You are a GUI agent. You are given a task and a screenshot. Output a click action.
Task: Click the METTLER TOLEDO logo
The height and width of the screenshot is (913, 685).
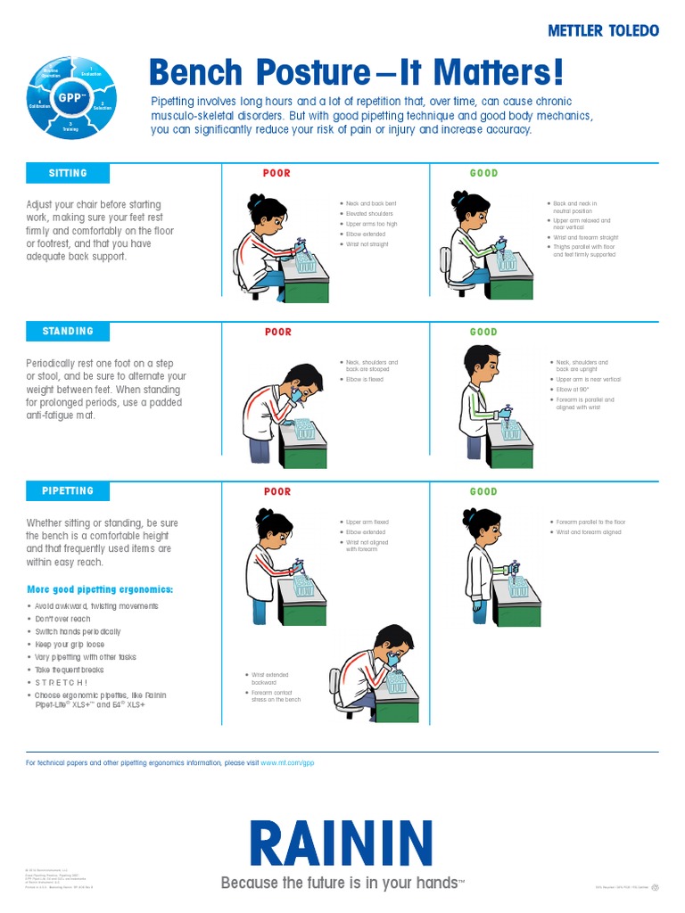(x=603, y=30)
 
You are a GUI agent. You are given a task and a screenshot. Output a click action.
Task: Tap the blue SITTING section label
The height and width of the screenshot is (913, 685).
(x=68, y=173)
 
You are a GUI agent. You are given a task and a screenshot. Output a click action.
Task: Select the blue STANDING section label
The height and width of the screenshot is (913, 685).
(x=68, y=331)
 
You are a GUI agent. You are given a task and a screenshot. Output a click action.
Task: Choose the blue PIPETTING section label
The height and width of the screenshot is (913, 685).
(x=68, y=490)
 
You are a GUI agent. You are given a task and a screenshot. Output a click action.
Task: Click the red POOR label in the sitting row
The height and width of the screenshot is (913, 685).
(x=276, y=173)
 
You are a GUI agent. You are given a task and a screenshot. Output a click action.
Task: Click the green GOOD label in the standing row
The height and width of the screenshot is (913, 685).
(x=483, y=332)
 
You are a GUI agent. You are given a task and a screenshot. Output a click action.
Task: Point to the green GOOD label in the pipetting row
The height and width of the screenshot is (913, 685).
(x=483, y=491)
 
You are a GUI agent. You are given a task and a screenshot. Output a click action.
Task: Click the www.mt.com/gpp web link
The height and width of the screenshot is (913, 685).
(x=287, y=763)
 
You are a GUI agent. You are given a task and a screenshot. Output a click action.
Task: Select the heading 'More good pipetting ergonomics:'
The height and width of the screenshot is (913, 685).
(x=100, y=589)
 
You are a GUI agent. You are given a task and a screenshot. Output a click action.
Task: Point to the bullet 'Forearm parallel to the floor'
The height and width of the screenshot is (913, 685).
(x=590, y=522)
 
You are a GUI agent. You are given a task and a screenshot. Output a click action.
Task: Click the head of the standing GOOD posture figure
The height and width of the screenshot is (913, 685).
(x=481, y=361)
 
